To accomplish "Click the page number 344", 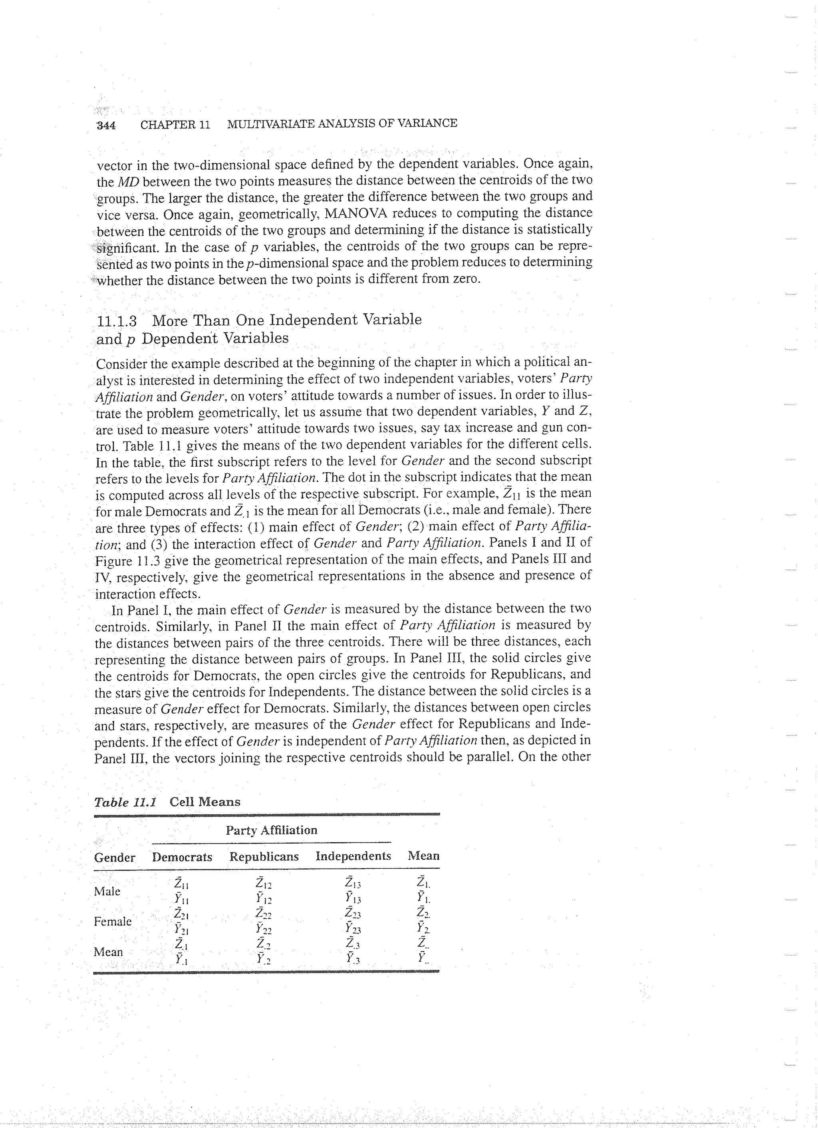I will tap(106, 125).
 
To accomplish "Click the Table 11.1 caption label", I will tap(126, 802).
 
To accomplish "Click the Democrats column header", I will tap(182, 857).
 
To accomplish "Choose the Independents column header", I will tap(353, 856).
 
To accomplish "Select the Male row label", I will tap(107, 891).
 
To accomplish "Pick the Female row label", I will tap(113, 921).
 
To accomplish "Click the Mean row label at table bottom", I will tap(108, 951).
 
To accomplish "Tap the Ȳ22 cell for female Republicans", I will tap(264, 928).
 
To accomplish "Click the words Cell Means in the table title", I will tap(204, 802).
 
